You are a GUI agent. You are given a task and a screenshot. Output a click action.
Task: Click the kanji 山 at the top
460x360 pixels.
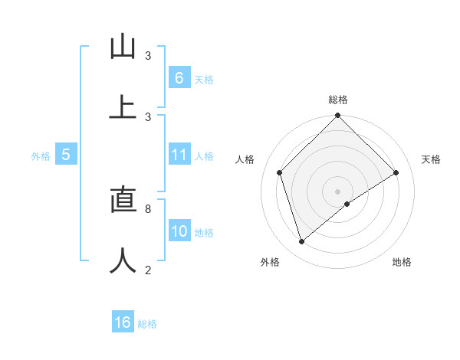point(123,47)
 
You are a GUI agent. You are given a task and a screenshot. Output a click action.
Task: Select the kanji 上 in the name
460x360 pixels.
point(123,107)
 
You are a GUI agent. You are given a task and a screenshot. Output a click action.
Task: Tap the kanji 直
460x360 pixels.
point(123,200)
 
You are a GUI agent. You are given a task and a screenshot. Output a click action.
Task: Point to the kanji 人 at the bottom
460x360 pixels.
point(123,260)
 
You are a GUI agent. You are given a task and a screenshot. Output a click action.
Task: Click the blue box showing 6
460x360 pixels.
point(179,78)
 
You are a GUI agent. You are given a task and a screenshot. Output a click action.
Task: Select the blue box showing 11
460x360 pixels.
point(179,155)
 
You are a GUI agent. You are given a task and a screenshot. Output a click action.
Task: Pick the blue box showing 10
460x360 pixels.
point(179,232)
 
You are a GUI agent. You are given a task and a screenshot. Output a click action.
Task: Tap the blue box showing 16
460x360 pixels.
point(123,322)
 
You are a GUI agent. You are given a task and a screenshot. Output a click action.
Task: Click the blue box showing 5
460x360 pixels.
point(66,155)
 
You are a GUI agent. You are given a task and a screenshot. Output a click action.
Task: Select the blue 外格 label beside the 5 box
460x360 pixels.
point(41,156)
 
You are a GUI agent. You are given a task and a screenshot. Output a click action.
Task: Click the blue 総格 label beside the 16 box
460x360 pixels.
point(147,324)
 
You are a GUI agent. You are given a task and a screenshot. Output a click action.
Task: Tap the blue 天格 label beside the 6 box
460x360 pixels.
point(204,80)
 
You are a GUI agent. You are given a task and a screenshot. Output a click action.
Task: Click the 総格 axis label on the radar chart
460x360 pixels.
point(338,100)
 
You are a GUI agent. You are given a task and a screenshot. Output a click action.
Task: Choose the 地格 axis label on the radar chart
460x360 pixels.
point(402,263)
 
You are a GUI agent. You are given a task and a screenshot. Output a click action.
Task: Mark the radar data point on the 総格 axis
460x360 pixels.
point(338,116)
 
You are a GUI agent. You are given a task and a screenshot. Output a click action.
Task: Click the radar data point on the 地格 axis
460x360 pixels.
point(347,204)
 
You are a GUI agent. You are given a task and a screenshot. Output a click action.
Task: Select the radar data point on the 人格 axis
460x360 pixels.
point(280,172)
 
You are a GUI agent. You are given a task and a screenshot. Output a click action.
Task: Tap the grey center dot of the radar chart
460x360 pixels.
point(338,191)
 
